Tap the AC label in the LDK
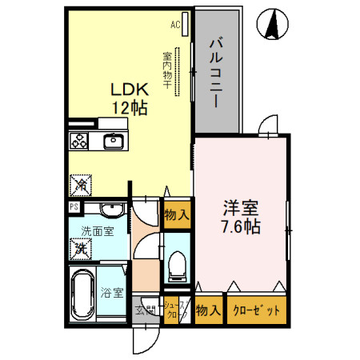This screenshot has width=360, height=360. click(175, 25)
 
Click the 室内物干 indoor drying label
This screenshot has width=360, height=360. click(167, 70)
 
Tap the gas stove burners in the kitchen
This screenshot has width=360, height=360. click(79, 142)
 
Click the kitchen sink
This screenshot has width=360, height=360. click(113, 142)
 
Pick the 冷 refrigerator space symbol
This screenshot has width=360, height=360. click(82, 185)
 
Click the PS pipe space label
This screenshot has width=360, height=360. click(74, 207)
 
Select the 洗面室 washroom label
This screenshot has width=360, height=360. click(97, 232)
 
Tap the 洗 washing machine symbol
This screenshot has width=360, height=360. click(82, 249)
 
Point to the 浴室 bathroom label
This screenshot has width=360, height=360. click(112, 293)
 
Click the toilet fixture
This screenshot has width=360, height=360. click(177, 266)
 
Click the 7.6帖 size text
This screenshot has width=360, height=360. click(241, 226)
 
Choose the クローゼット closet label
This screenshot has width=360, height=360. click(255, 311)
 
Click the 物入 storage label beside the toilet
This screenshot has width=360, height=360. click(176, 214)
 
